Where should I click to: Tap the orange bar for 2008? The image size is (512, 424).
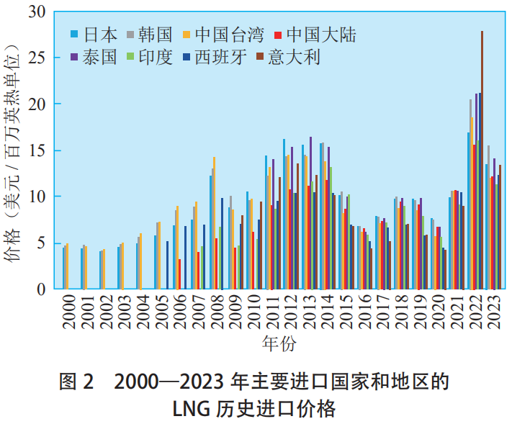[x=214, y=223]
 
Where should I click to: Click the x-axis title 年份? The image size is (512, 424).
[x=278, y=343]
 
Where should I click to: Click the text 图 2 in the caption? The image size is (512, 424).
[x=76, y=382]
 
